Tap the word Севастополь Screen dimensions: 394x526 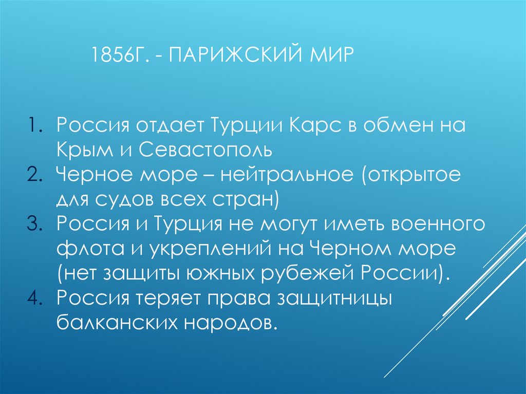209,150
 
